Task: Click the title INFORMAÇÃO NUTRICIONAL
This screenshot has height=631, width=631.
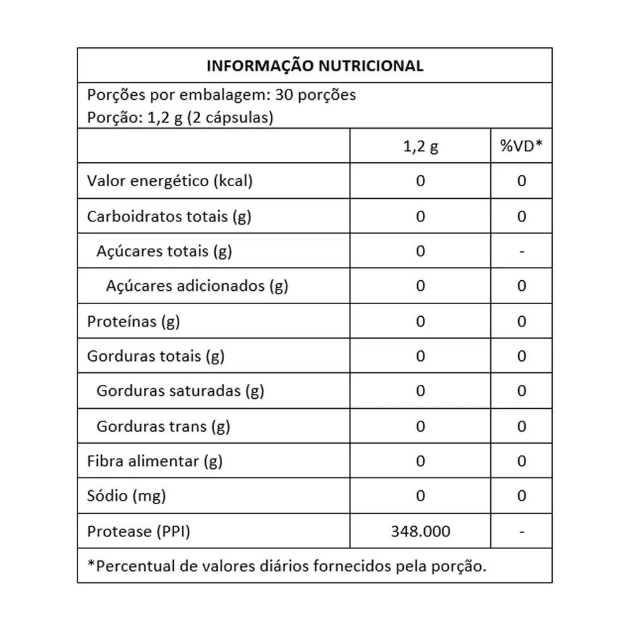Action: click(315, 66)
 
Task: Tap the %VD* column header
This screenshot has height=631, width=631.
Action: click(521, 146)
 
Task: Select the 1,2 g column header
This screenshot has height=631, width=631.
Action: click(420, 146)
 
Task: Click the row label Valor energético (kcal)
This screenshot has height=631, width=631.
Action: click(170, 181)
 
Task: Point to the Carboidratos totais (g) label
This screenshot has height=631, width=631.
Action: click(169, 216)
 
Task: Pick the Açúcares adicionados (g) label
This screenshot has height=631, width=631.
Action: click(197, 286)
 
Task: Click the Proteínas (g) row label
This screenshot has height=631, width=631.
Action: click(133, 321)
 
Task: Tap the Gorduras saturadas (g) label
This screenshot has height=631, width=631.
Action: click(180, 391)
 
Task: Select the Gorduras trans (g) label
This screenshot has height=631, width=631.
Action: click(163, 427)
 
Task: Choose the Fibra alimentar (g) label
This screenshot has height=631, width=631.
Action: click(155, 461)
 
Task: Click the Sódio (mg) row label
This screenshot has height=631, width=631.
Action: click(126, 496)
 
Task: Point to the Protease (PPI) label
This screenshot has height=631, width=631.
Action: click(138, 531)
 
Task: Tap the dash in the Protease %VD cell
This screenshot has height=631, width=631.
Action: click(521, 532)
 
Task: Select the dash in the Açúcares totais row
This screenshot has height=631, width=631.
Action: click(521, 252)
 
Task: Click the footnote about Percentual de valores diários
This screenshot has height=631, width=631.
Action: click(287, 565)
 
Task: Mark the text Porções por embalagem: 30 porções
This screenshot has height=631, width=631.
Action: click(221, 95)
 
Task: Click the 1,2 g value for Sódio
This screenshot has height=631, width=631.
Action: click(421, 496)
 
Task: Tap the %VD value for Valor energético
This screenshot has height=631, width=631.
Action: click(521, 181)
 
